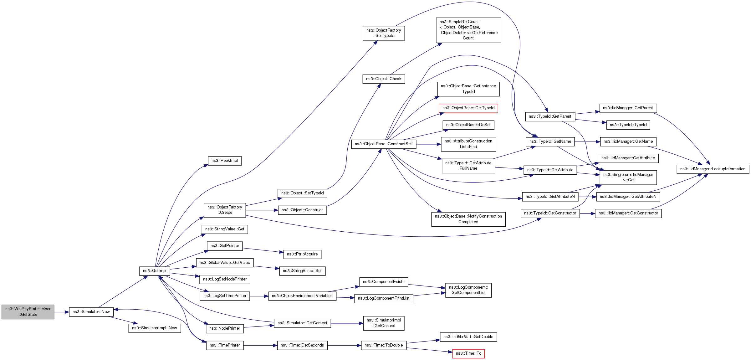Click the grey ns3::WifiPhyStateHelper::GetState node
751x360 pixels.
click(x=28, y=312)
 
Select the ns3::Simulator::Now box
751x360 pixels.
click(x=91, y=312)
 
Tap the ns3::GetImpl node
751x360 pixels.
click(x=155, y=271)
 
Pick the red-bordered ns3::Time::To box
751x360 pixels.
click(x=468, y=353)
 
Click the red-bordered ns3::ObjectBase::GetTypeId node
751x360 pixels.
click(x=468, y=108)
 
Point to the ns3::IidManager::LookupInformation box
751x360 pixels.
click(x=713, y=169)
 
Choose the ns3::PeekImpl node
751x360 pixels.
click(x=224, y=161)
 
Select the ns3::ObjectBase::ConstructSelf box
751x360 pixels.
click(x=384, y=144)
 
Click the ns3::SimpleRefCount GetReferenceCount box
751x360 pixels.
click(x=468, y=30)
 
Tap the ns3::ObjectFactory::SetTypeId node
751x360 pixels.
click(x=384, y=33)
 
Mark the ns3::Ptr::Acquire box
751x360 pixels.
click(x=302, y=254)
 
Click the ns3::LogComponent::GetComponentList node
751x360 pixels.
click(x=468, y=290)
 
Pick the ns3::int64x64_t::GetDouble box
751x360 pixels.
click(x=468, y=337)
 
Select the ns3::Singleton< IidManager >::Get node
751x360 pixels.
click(x=628, y=177)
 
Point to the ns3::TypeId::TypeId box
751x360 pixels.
click(x=628, y=125)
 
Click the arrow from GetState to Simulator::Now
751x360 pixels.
click(x=61, y=312)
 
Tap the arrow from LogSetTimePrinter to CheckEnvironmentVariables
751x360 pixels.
click(x=259, y=296)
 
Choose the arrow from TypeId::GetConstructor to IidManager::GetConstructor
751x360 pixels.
click(x=587, y=213)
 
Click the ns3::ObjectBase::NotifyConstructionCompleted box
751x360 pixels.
click(x=468, y=219)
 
